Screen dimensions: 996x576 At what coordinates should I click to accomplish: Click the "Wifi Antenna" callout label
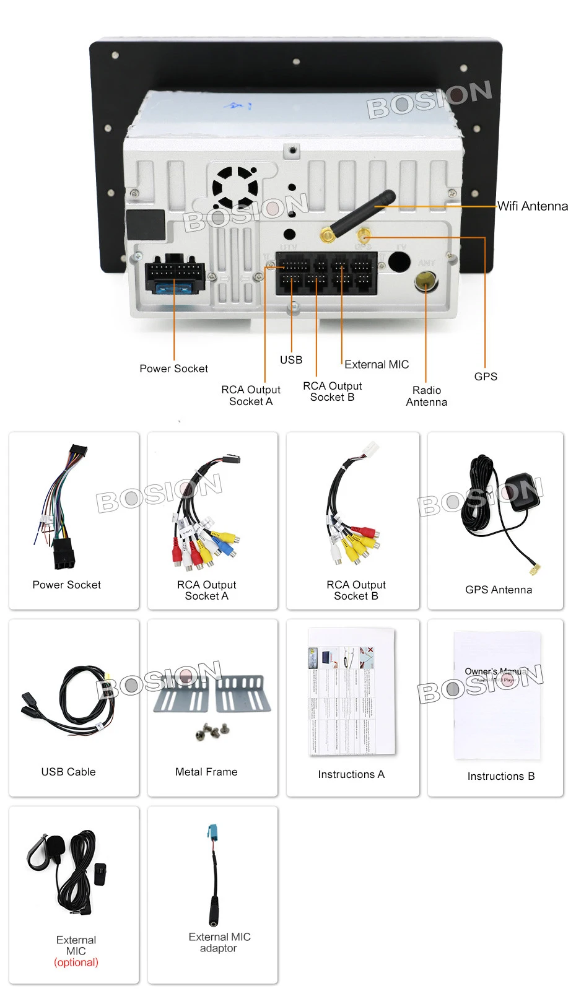coord(533,206)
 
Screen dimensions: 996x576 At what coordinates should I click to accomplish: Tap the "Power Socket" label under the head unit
coord(173,369)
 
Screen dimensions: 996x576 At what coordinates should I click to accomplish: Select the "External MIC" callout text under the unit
coord(377,364)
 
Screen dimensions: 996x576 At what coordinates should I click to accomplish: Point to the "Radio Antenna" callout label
coord(427,396)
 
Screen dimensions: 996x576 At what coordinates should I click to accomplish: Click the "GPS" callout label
coord(486,377)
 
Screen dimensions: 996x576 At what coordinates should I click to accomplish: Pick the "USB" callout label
coord(291,360)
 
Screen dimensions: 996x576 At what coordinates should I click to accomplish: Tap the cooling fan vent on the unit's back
coord(235,186)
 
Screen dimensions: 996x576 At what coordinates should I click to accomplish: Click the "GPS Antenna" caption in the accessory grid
coord(499,590)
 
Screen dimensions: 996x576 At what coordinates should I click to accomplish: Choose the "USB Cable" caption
coord(68,772)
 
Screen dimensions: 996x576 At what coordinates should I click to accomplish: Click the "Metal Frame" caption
coord(206,772)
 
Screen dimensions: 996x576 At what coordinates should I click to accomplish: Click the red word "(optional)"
coord(76,963)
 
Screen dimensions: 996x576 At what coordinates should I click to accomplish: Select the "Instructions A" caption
coord(351,774)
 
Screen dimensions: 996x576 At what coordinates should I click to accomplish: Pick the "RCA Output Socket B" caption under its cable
coord(356,590)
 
